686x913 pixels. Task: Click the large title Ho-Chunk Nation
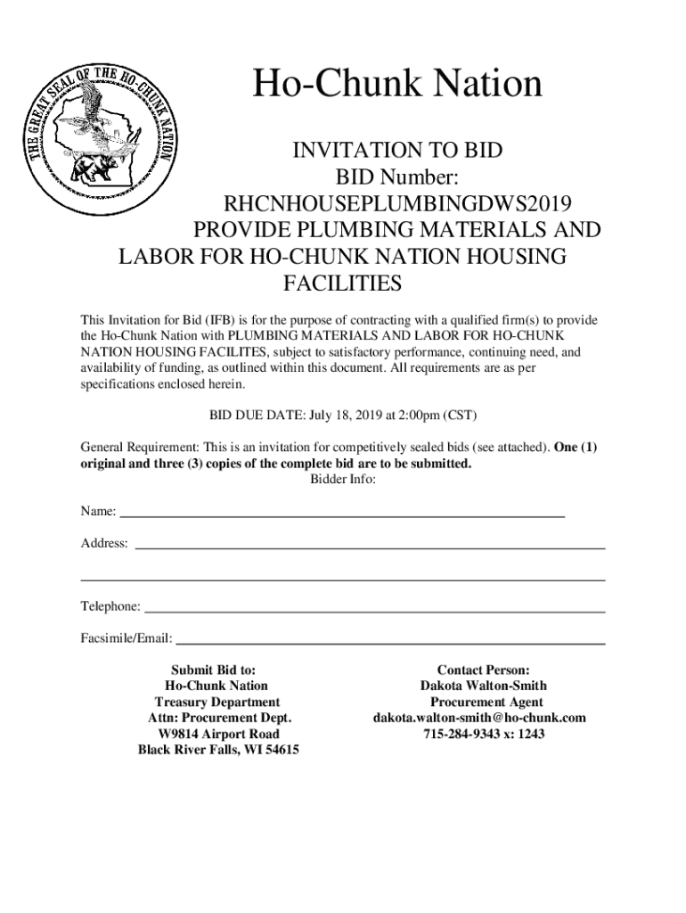tap(397, 85)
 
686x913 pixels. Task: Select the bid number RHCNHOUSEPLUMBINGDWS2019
tap(397, 203)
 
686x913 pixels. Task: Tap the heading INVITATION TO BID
tap(397, 151)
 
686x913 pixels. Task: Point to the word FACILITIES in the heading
tap(342, 284)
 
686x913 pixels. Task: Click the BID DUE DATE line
tap(343, 415)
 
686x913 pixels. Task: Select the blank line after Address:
tap(369, 546)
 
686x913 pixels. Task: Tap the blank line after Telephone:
tap(374, 610)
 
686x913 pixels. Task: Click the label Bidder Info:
tap(343, 480)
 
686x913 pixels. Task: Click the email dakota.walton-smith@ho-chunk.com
tap(479, 718)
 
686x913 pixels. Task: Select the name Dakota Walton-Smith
tap(483, 686)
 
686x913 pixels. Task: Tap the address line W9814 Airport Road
tap(218, 734)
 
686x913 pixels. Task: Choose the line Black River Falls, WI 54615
tap(218, 750)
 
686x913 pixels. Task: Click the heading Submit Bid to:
tap(218, 670)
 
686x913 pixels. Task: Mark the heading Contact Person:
tap(484, 670)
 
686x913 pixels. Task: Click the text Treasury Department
tap(217, 702)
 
